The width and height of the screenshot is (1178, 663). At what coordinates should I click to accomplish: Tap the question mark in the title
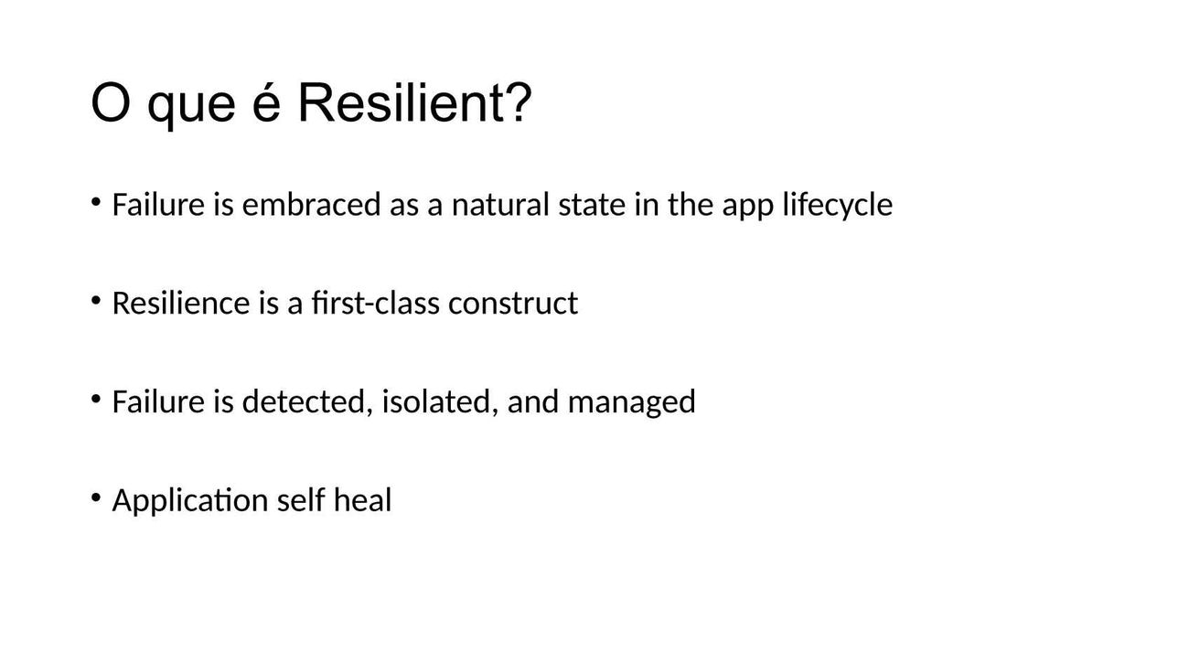(x=520, y=102)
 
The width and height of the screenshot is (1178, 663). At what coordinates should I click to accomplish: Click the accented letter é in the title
(x=266, y=102)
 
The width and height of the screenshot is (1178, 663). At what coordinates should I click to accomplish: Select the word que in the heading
(x=191, y=108)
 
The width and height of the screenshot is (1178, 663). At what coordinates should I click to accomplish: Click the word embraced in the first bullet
(x=311, y=204)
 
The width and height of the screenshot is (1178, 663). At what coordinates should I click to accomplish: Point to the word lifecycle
(x=837, y=205)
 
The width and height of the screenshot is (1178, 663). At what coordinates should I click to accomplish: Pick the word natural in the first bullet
(x=500, y=204)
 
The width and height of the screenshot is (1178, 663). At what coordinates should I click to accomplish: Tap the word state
(x=592, y=205)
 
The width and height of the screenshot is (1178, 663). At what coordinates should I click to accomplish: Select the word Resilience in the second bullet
(x=181, y=303)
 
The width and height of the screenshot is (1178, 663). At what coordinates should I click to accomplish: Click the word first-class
(x=376, y=303)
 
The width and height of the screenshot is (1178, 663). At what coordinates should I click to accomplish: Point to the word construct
(x=513, y=304)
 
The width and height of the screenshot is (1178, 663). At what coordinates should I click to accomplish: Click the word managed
(x=632, y=404)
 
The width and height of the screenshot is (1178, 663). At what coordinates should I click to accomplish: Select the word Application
(x=190, y=501)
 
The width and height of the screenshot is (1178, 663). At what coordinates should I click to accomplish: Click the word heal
(x=363, y=500)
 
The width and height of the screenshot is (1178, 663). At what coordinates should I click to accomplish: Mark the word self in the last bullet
(x=301, y=500)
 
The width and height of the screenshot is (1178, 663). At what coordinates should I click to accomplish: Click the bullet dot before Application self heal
(x=96, y=497)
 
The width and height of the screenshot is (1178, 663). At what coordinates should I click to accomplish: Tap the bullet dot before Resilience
(x=96, y=300)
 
